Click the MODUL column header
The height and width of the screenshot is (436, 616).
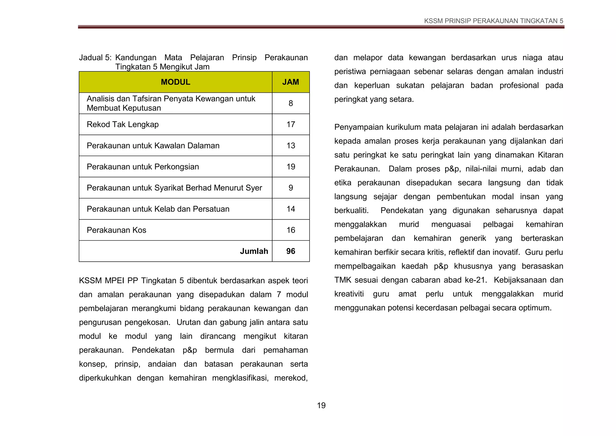[x=175, y=82]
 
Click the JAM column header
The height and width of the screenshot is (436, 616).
[x=291, y=82]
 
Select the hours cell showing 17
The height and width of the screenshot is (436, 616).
[x=291, y=124]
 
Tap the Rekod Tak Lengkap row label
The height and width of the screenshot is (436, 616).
[x=122, y=124]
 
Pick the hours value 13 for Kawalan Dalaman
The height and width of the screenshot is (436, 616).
[x=291, y=145]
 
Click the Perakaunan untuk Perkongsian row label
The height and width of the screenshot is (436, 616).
[x=143, y=167]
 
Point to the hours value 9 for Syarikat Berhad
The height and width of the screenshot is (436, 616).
[x=291, y=188]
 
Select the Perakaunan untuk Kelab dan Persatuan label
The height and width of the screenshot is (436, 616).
[x=158, y=209]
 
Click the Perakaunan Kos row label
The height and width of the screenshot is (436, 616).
[x=116, y=230]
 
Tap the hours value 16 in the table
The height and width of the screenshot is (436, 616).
[x=291, y=230]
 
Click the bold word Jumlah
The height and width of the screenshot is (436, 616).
[x=254, y=251]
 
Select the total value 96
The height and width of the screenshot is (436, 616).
[x=291, y=251]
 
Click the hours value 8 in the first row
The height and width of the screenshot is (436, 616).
[x=291, y=103]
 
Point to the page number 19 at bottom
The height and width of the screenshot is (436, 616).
[x=321, y=405]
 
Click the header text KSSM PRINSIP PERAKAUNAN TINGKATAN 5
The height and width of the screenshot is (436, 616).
[x=493, y=21]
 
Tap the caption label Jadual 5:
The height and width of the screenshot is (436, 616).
[x=95, y=58]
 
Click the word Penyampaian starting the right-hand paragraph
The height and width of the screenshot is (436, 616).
[x=359, y=127]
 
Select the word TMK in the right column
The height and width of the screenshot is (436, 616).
[x=343, y=280]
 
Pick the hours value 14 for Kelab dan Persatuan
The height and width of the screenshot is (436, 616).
[x=291, y=209]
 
